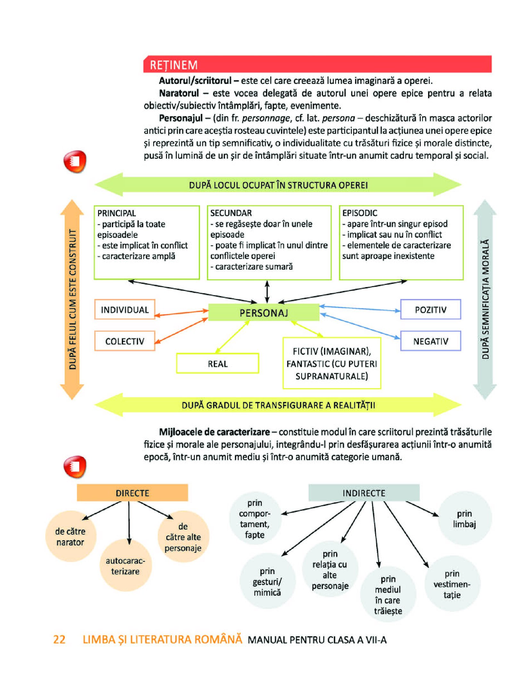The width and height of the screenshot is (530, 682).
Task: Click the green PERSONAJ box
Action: click(x=263, y=312)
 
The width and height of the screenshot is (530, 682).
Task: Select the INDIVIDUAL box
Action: click(x=125, y=310)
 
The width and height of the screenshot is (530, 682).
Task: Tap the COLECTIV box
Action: click(x=125, y=341)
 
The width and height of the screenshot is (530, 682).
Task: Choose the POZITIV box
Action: click(x=430, y=310)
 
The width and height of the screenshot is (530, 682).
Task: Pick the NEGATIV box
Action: click(x=430, y=341)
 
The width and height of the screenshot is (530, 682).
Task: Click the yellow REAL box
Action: click(x=217, y=363)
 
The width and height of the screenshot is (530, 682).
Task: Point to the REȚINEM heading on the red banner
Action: click(x=174, y=65)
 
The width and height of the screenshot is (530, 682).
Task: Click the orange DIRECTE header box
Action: click(x=132, y=493)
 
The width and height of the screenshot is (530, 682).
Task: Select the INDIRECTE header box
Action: click(x=364, y=493)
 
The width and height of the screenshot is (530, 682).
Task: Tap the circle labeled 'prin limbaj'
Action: click(x=464, y=519)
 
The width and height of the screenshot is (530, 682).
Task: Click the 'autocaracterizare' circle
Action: click(x=125, y=566)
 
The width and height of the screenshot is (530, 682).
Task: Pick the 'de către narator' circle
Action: click(x=70, y=536)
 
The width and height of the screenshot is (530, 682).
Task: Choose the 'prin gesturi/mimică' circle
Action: click(x=267, y=581)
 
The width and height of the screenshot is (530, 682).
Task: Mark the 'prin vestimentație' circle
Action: click(x=452, y=584)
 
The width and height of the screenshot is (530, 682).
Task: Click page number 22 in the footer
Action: click(x=59, y=639)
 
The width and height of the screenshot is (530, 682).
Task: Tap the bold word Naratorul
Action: click(x=179, y=93)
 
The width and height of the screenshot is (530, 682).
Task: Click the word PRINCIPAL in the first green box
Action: click(x=117, y=213)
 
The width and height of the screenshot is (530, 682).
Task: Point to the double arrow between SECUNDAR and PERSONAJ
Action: click(x=267, y=291)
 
